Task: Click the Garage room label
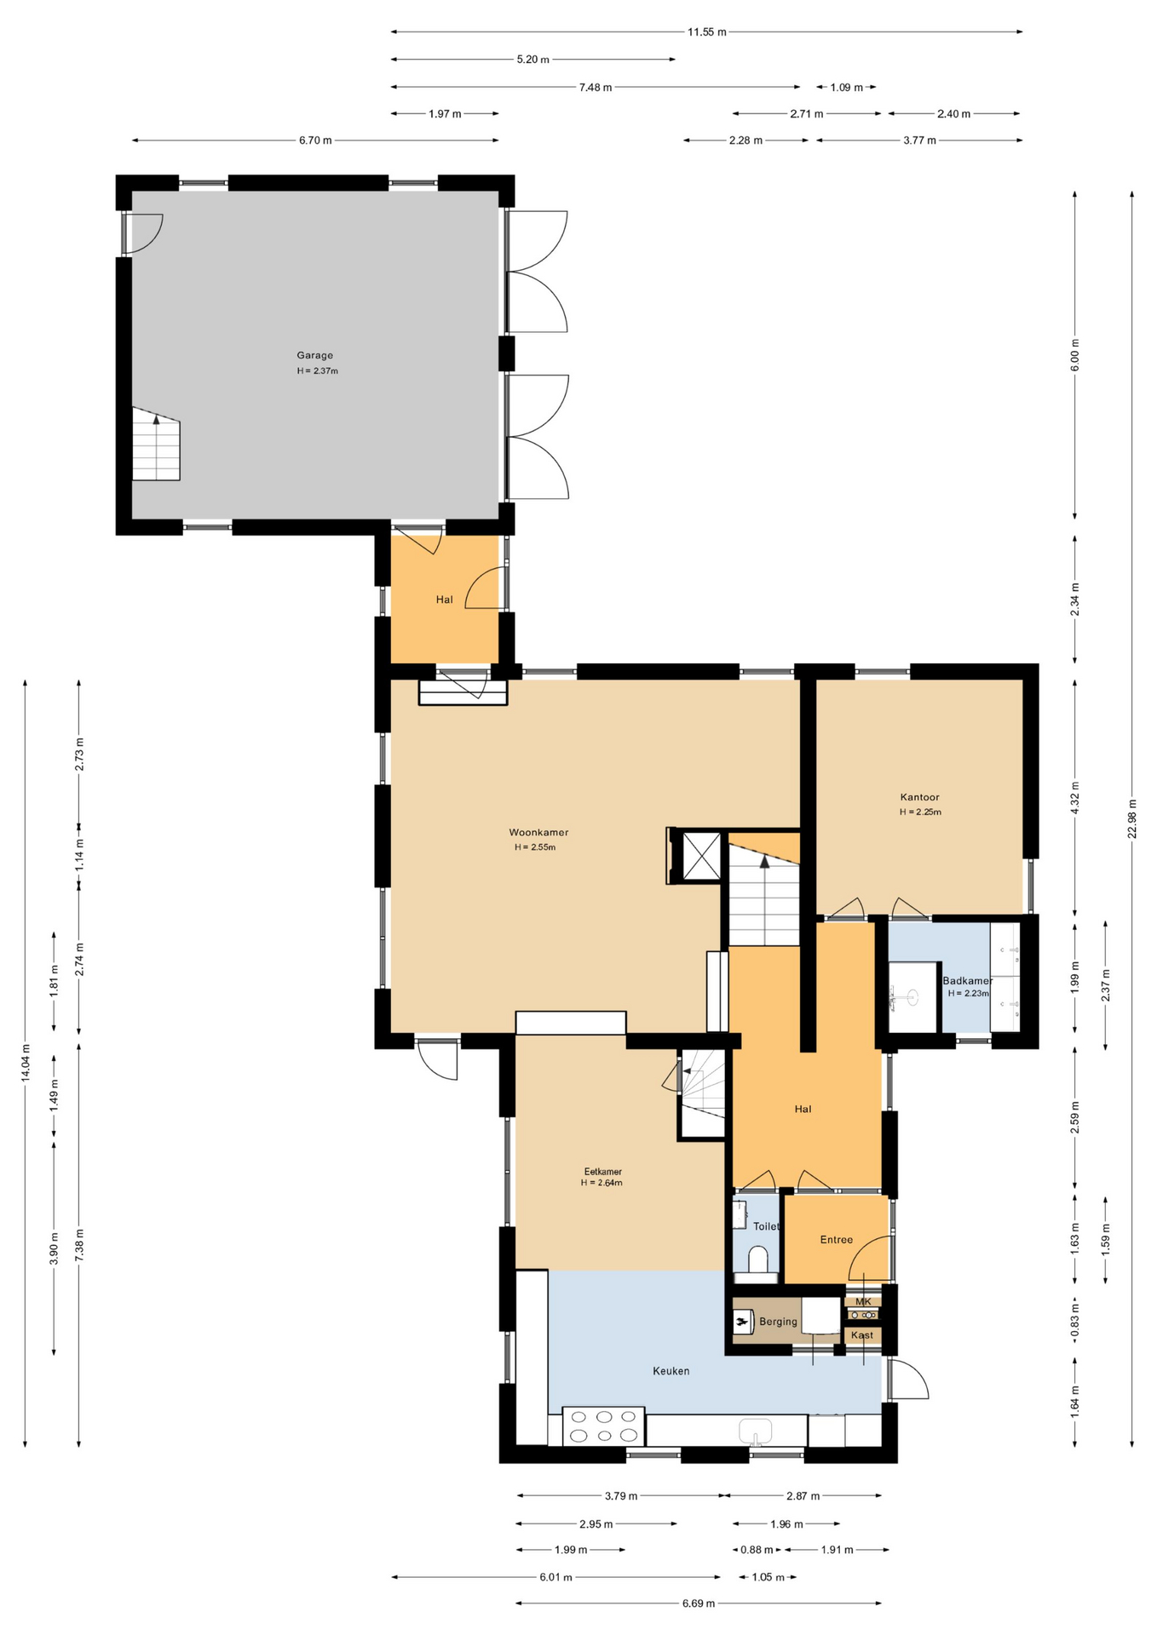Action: coord(314,355)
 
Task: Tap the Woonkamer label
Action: coord(538,832)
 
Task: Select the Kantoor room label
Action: coord(919,797)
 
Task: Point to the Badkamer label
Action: coord(967,981)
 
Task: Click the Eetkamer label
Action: coord(602,1172)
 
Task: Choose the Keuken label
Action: coord(671,1371)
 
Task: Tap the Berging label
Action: coord(778,1322)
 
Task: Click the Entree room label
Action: coord(836,1240)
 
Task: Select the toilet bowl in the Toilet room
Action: coord(757,1259)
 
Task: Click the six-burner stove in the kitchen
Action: coord(603,1426)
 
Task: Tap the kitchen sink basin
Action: coord(755,1431)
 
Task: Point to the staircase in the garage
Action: coord(156,444)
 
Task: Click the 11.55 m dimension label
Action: coord(707,32)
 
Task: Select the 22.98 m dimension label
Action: coord(1131,818)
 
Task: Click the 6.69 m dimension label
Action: coord(699,1603)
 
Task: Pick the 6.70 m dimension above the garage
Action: coord(315,141)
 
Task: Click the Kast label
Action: coord(862,1335)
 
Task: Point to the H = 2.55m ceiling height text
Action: coord(535,847)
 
